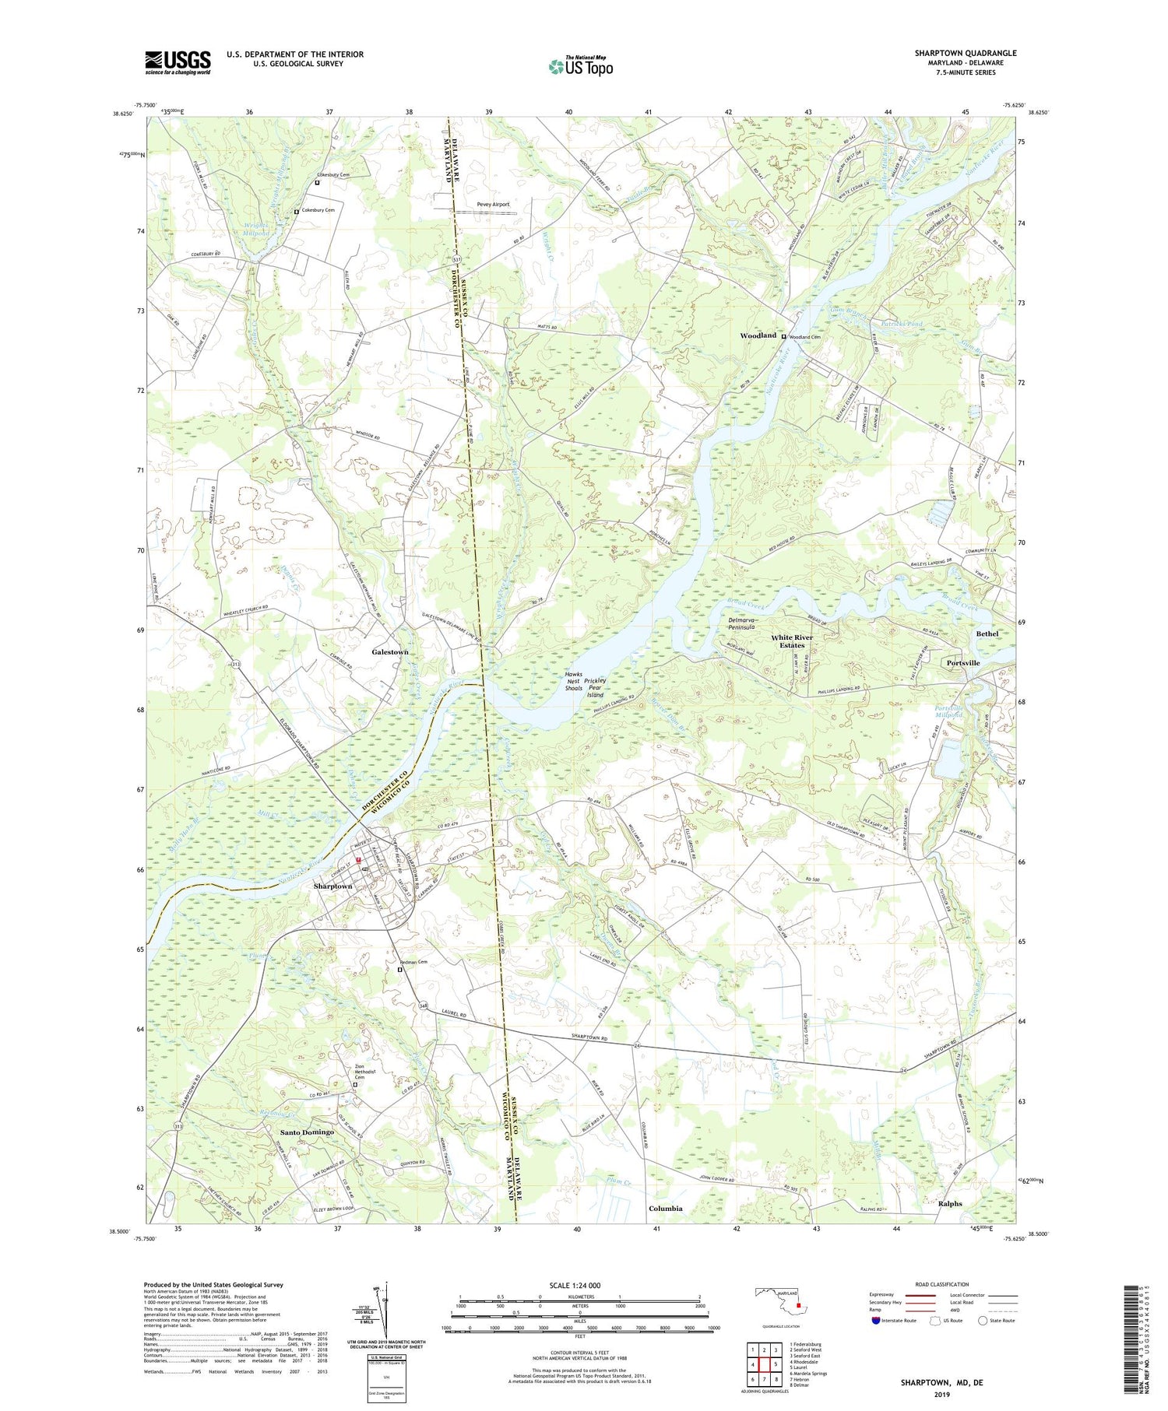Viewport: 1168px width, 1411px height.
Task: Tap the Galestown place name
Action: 390,651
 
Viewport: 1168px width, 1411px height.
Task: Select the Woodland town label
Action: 758,335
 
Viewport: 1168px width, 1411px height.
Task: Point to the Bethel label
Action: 987,634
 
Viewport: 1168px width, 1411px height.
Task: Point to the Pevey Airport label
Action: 493,205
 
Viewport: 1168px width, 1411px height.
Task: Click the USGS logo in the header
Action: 178,62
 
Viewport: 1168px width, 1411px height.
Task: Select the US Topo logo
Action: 581,66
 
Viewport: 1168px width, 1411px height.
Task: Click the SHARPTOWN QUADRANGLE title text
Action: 966,53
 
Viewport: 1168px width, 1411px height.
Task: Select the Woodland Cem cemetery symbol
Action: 783,336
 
